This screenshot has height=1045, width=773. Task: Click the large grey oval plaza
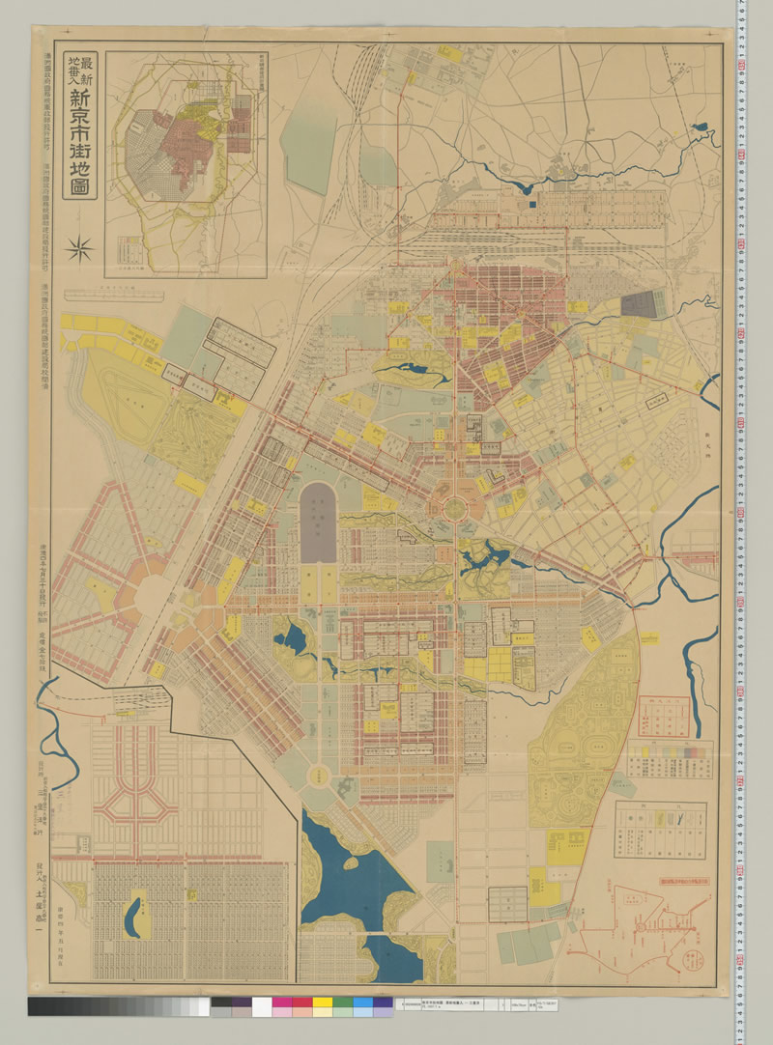(x=318, y=522)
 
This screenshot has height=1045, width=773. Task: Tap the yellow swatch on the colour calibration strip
(x=322, y=1006)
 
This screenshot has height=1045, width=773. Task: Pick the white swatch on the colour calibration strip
(x=261, y=1006)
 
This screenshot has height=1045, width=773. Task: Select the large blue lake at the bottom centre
(x=338, y=869)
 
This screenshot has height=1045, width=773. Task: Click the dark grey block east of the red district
(x=639, y=305)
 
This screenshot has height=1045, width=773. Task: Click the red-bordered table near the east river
(x=663, y=715)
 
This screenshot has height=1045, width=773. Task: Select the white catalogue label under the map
(x=454, y=1005)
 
